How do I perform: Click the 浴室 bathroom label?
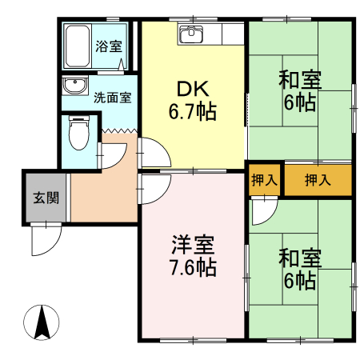[x=108, y=46]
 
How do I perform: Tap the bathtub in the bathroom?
[x=78, y=46]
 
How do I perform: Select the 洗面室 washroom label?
[x=111, y=98]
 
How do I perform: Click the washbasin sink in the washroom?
[x=76, y=86]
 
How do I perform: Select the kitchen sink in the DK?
[x=192, y=34]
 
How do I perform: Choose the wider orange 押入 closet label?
[x=318, y=180]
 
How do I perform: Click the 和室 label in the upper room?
[x=300, y=80]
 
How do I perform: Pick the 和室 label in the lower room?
[x=300, y=258]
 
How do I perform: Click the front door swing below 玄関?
[x=46, y=238]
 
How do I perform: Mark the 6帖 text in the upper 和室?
[x=300, y=102]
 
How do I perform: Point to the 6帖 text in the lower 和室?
[x=300, y=280]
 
